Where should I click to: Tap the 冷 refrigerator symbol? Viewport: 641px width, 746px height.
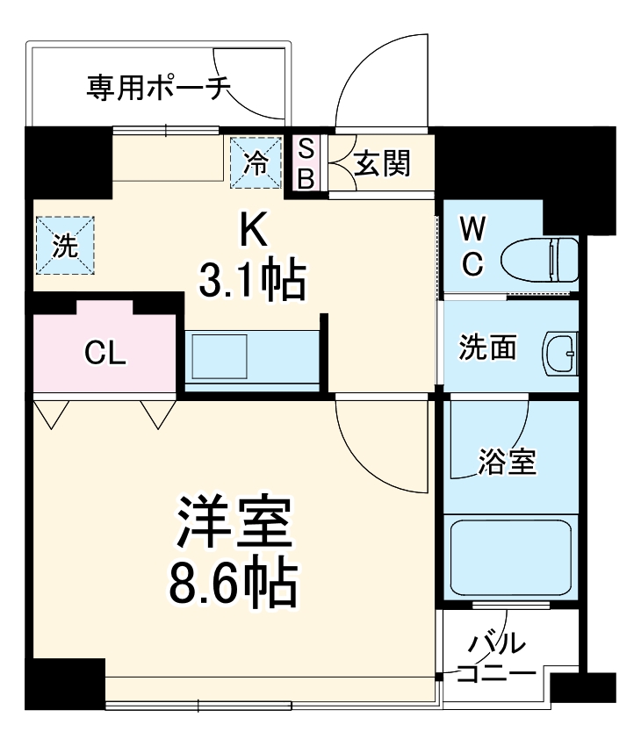coord(256,162)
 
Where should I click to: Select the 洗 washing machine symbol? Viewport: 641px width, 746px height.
coord(65,247)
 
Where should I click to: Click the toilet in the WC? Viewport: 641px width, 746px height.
coord(541,258)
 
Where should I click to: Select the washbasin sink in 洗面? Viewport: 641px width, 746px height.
coord(560,350)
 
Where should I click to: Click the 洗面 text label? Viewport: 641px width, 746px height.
coord(487,349)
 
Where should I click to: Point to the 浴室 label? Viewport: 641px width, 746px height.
coord(507,461)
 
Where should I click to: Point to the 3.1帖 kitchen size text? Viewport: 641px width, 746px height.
coord(251,283)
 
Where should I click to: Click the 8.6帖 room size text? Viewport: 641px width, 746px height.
coord(234,580)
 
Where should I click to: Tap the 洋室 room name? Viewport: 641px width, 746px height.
coord(234,525)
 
